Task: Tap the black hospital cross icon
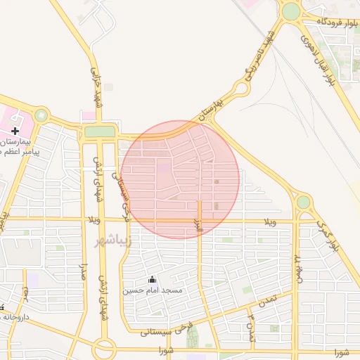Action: pos(15,131)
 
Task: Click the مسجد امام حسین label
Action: pos(153,290)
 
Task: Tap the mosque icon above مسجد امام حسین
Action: pos(153,279)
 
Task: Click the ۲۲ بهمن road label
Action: pos(299,264)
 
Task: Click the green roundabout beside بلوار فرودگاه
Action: pos(290,11)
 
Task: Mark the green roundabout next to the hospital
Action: pos(42,115)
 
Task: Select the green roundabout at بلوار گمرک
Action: pos(303,202)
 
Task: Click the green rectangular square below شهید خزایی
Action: pos(99,131)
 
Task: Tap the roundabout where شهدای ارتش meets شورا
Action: pos(104,347)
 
